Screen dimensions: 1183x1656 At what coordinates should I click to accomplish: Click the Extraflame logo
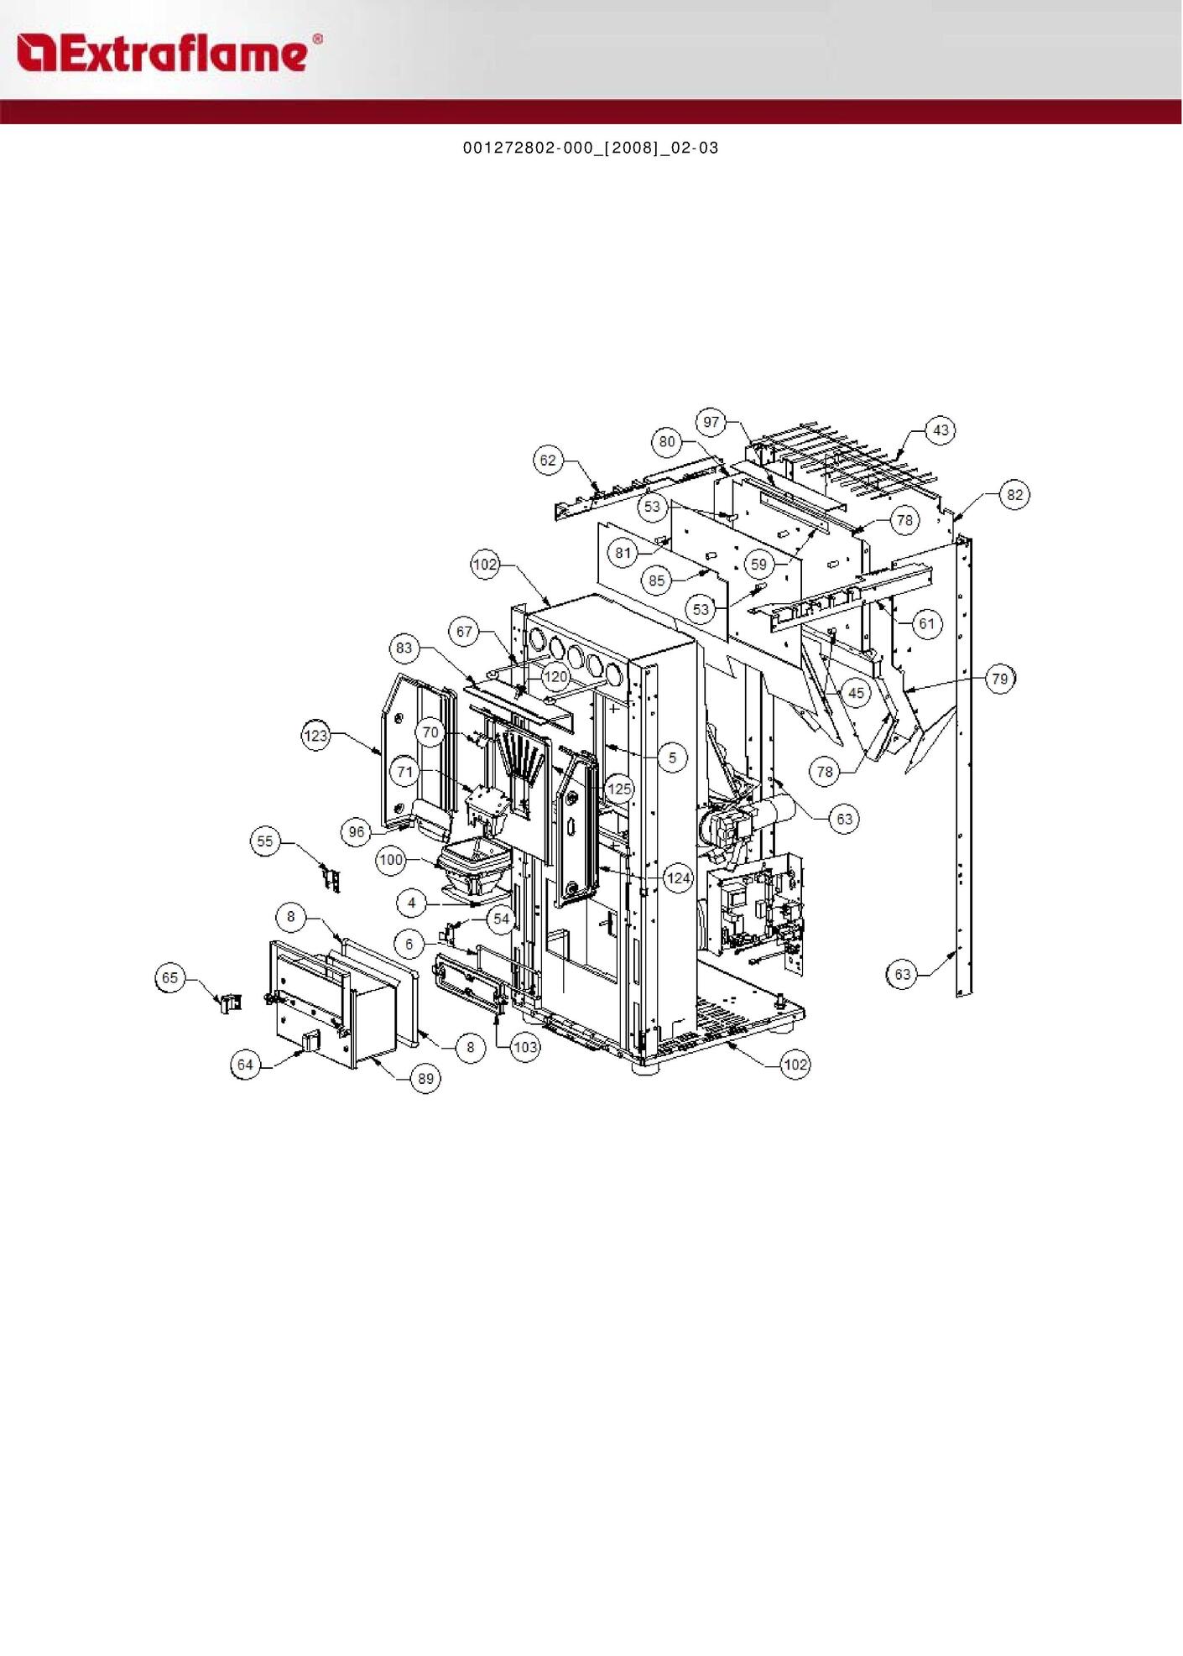click(169, 53)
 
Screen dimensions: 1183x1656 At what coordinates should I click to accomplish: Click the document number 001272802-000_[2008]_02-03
click(591, 148)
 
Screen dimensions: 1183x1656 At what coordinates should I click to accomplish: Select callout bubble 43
click(941, 430)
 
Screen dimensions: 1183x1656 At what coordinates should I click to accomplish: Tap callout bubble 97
click(711, 422)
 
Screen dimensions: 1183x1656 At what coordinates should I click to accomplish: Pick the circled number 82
click(1015, 495)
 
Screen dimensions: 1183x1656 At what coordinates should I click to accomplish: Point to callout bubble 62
click(548, 461)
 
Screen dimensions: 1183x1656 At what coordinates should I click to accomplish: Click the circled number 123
click(316, 736)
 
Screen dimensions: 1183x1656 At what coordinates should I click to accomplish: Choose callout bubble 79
click(1000, 678)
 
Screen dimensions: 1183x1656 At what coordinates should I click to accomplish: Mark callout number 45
click(856, 693)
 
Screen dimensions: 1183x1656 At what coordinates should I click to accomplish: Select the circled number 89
click(426, 1078)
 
